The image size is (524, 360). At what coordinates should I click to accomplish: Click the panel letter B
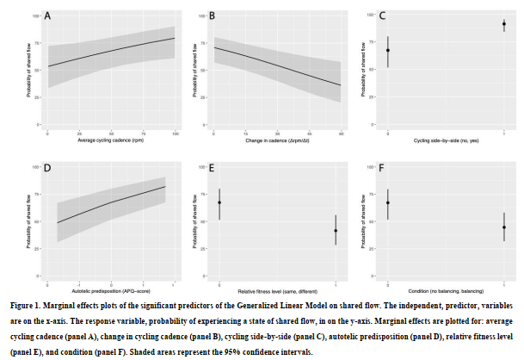[x=212, y=16]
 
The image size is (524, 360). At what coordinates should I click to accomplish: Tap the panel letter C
[x=381, y=16]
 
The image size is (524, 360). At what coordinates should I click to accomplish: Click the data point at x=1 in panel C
[x=503, y=25]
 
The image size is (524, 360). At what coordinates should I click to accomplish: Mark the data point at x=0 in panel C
[x=388, y=51]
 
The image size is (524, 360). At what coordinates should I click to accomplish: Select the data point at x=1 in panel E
[x=335, y=230]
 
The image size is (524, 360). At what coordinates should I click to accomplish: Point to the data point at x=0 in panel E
[x=219, y=202]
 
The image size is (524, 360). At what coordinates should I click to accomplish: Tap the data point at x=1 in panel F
[x=503, y=227]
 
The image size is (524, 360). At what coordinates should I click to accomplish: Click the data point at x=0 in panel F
[x=388, y=202]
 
